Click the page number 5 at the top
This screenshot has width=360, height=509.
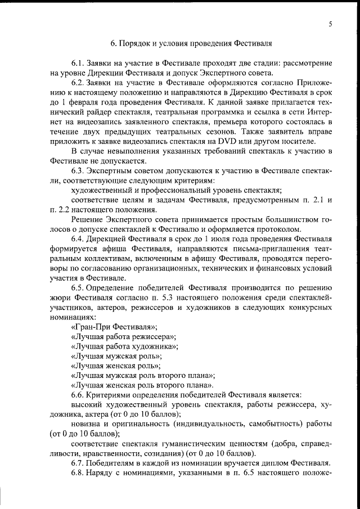[330, 23]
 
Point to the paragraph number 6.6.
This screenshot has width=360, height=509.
[78, 395]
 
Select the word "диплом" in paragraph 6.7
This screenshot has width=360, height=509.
[272, 463]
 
